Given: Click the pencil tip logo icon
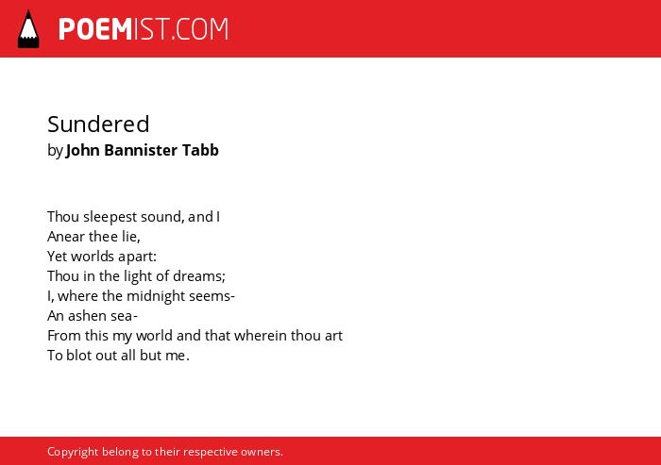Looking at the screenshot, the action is click(28, 29).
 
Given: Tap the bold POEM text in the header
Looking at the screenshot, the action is click(95, 29).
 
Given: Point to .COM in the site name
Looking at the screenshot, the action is click(200, 29).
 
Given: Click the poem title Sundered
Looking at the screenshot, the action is click(98, 125).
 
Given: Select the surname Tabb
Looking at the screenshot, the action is click(200, 150).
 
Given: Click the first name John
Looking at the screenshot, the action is click(83, 150).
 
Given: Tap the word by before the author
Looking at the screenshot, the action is click(55, 151).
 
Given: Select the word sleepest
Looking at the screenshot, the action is click(110, 217).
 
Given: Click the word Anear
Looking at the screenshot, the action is click(66, 237).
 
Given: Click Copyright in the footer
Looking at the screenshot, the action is click(73, 452).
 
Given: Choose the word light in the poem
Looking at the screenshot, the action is click(137, 276).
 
